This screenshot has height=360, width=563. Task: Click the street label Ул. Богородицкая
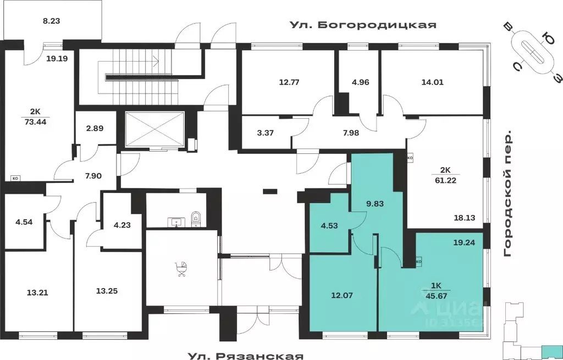click(x=363, y=25)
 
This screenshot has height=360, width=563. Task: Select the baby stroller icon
click(x=181, y=270)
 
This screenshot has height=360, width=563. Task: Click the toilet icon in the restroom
click(x=196, y=219)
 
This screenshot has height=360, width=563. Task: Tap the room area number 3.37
click(x=266, y=132)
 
